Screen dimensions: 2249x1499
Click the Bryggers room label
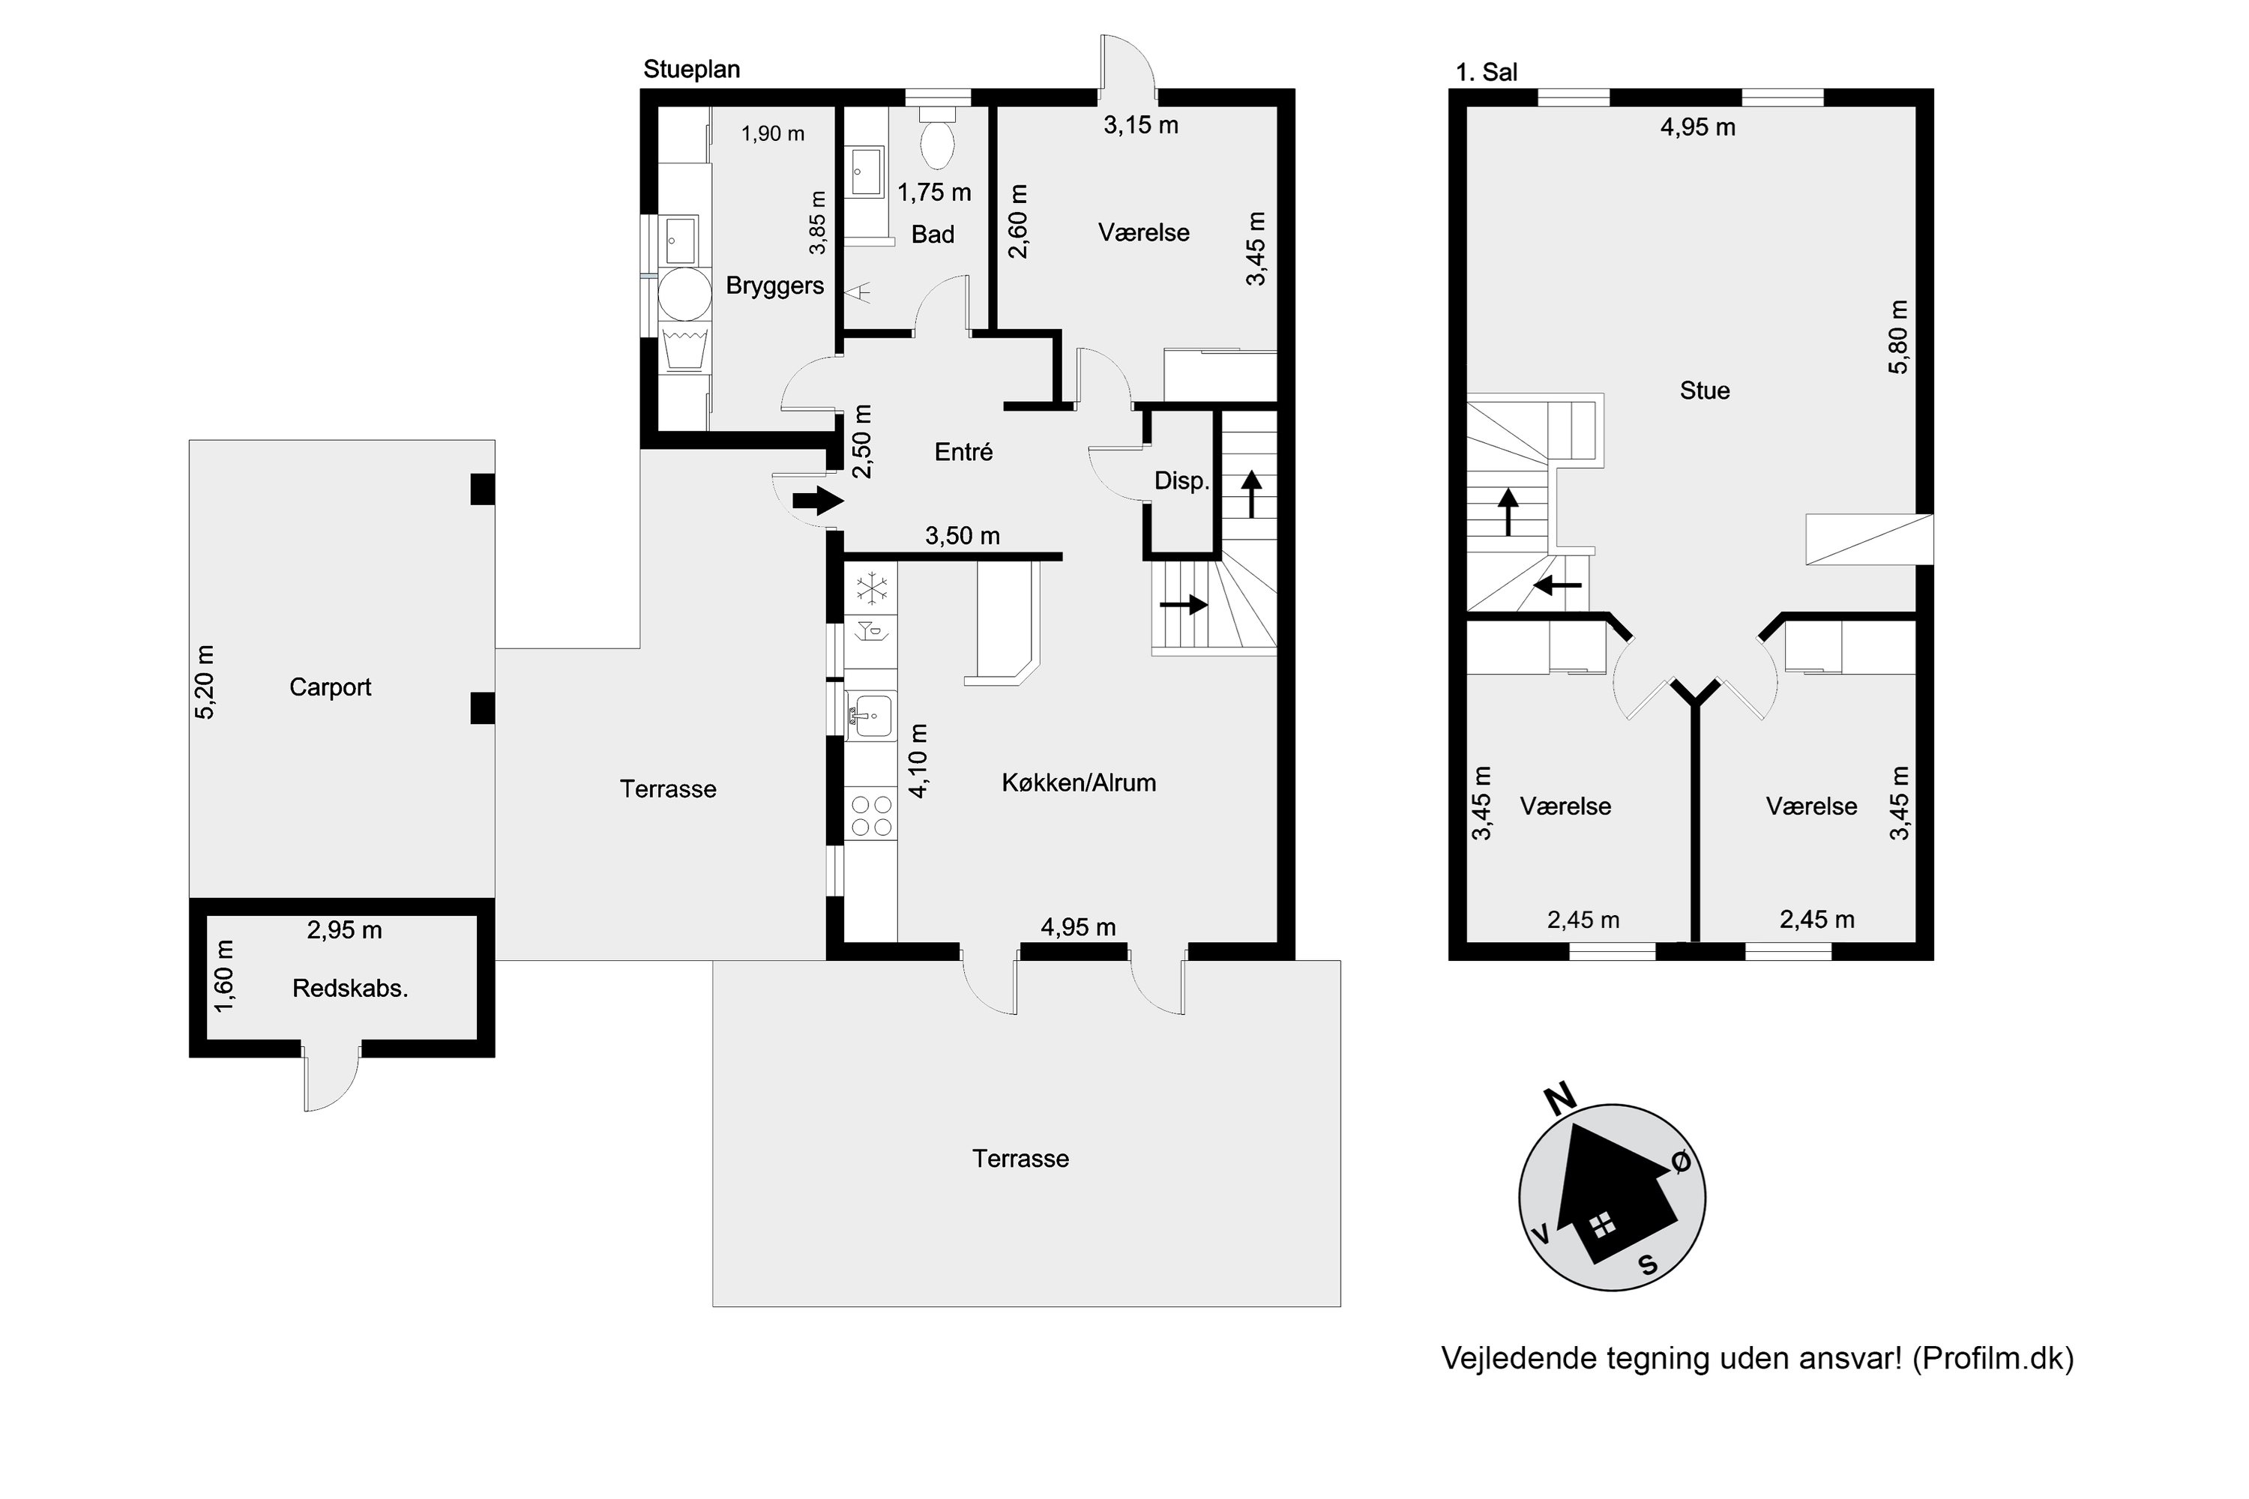click(774, 286)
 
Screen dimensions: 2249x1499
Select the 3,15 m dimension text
click(1141, 125)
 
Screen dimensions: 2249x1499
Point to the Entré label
click(963, 451)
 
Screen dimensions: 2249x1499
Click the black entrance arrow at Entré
click(818, 501)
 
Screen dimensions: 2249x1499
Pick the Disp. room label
click(1182, 481)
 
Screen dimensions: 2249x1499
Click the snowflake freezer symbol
click(872, 589)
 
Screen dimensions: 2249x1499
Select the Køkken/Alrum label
click(1079, 783)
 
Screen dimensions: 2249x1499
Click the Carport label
click(330, 687)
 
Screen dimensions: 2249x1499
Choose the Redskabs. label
click(350, 989)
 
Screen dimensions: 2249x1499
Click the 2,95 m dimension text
click(344, 930)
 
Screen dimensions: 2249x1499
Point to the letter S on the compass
click(1648, 1265)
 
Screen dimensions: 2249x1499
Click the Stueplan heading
click(691, 70)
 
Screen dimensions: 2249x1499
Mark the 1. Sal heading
click(1486, 73)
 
